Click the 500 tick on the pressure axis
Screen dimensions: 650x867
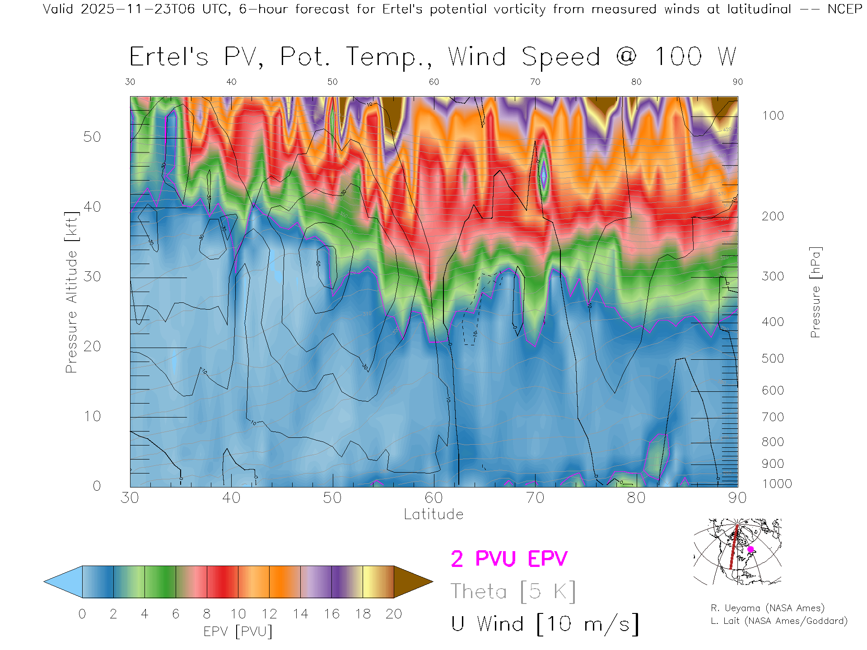[773, 358]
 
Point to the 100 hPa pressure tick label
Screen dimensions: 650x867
[773, 116]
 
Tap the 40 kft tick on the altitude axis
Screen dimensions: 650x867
[92, 207]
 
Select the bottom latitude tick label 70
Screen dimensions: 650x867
[535, 497]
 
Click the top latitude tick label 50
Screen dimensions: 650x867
[332, 82]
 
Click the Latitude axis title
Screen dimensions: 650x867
[433, 514]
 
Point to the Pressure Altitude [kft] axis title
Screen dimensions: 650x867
[71, 292]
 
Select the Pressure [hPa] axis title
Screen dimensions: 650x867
[815, 292]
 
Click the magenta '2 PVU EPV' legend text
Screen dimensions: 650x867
[509, 559]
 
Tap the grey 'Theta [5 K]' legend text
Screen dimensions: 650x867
[513, 591]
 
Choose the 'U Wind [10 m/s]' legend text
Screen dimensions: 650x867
[545, 624]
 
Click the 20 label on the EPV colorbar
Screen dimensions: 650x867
[394, 614]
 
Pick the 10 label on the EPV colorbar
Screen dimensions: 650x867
[238, 614]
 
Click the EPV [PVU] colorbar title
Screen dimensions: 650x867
[238, 631]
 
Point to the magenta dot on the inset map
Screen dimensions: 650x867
[750, 549]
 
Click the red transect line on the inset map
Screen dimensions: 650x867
[734, 548]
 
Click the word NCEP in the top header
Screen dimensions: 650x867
[845, 9]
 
